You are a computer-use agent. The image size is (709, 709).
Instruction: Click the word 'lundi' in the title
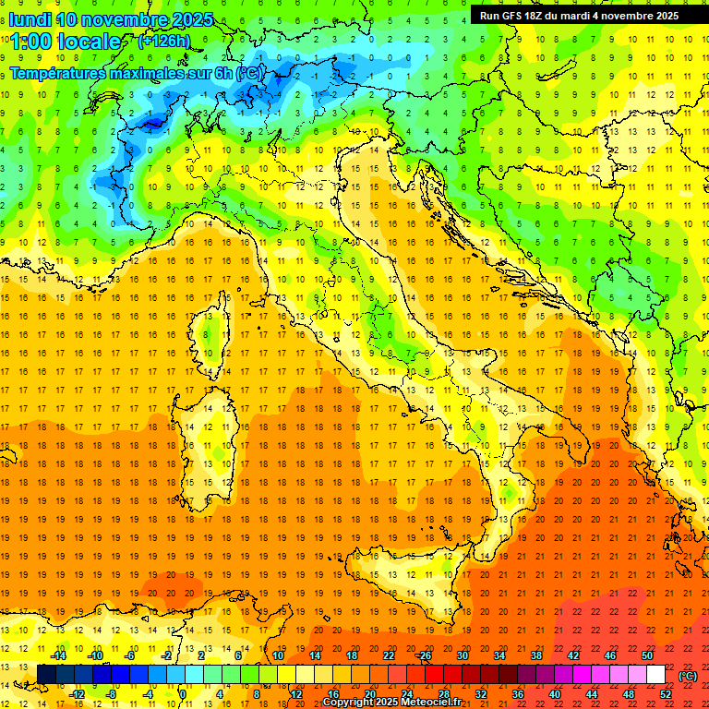[30, 18]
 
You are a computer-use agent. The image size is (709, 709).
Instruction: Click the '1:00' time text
[31, 42]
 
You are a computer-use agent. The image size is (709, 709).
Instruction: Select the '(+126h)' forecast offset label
[163, 41]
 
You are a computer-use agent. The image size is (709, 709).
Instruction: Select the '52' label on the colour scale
[666, 694]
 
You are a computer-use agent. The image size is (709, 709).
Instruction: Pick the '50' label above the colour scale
[647, 655]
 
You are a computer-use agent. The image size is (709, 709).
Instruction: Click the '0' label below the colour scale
[182, 694]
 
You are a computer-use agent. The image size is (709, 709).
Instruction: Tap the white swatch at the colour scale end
[655, 675]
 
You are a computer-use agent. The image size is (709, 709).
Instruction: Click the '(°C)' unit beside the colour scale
[687, 676]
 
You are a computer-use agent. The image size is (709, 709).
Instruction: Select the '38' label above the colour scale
[535, 655]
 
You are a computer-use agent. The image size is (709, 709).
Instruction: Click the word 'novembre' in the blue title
[128, 19]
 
